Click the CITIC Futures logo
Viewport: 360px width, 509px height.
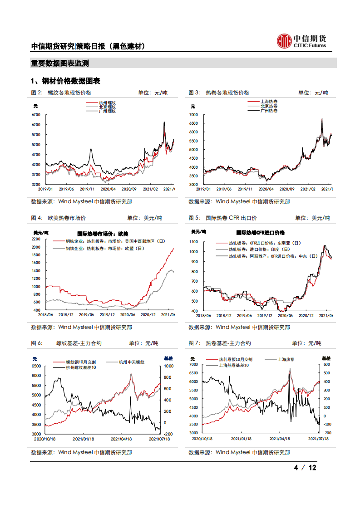point(301,41)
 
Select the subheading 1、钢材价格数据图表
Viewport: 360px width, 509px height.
point(65,81)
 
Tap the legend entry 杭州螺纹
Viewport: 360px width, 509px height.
point(107,103)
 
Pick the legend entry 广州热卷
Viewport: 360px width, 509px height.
point(269,111)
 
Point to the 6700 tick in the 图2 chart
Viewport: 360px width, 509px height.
point(37,115)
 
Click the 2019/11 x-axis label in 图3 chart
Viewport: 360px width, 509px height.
point(245,189)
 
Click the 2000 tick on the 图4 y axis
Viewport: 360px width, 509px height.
point(37,247)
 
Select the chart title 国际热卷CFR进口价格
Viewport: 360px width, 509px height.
point(261,232)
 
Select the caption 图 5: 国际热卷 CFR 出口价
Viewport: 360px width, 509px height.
point(223,218)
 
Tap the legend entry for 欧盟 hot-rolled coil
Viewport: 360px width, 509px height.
point(105,249)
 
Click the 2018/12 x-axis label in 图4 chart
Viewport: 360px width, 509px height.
point(66,314)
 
